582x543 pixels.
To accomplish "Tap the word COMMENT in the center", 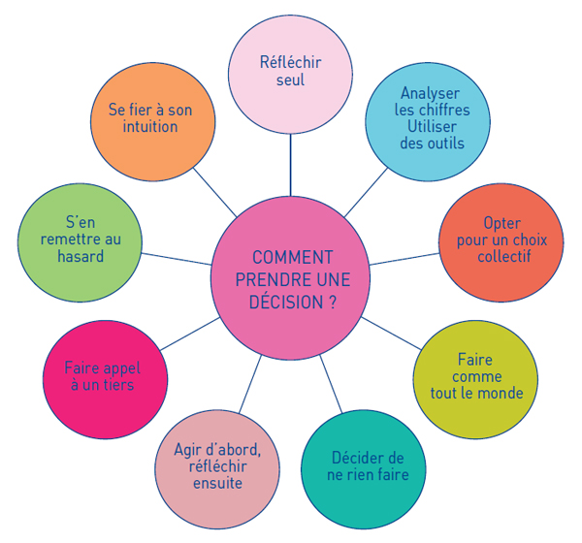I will click(x=292, y=257).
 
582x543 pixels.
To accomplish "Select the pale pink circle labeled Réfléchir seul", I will click(x=290, y=72).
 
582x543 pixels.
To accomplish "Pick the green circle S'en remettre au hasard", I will click(x=80, y=242).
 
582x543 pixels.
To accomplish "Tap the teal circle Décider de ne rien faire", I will click(x=363, y=466).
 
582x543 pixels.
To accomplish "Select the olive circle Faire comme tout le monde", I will click(x=475, y=377).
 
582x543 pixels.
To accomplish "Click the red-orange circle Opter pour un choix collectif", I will click(x=500, y=240).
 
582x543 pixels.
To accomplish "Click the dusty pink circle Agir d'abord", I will click(x=217, y=466).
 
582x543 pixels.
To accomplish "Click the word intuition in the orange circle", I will click(x=149, y=127).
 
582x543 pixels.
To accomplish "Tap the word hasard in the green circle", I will click(x=79, y=257).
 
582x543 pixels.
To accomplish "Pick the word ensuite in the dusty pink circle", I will click(x=216, y=483).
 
